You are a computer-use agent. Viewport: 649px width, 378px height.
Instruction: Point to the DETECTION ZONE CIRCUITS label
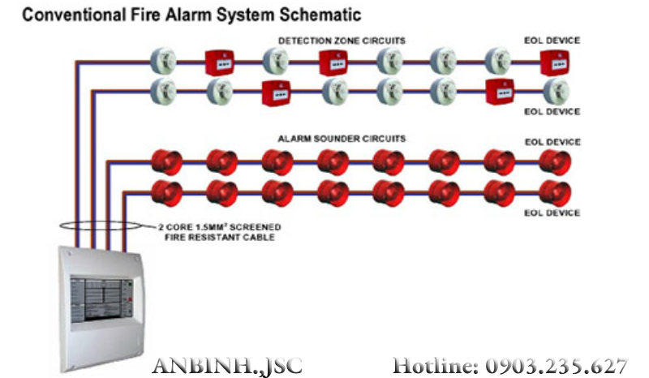pyautogui.click(x=342, y=40)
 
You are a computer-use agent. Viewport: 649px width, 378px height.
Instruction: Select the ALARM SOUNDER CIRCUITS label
pyautogui.click(x=342, y=139)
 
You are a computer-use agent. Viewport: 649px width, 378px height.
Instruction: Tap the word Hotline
pyautogui.click(x=435, y=365)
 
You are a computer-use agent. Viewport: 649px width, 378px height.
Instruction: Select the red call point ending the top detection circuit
pyautogui.click(x=554, y=62)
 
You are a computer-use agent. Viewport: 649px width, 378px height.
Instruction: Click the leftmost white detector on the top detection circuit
pyautogui.click(x=164, y=60)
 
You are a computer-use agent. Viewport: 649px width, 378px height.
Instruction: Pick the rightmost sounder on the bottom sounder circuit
pyautogui.click(x=556, y=193)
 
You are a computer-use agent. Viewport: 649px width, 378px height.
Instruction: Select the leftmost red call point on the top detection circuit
pyautogui.click(x=219, y=62)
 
